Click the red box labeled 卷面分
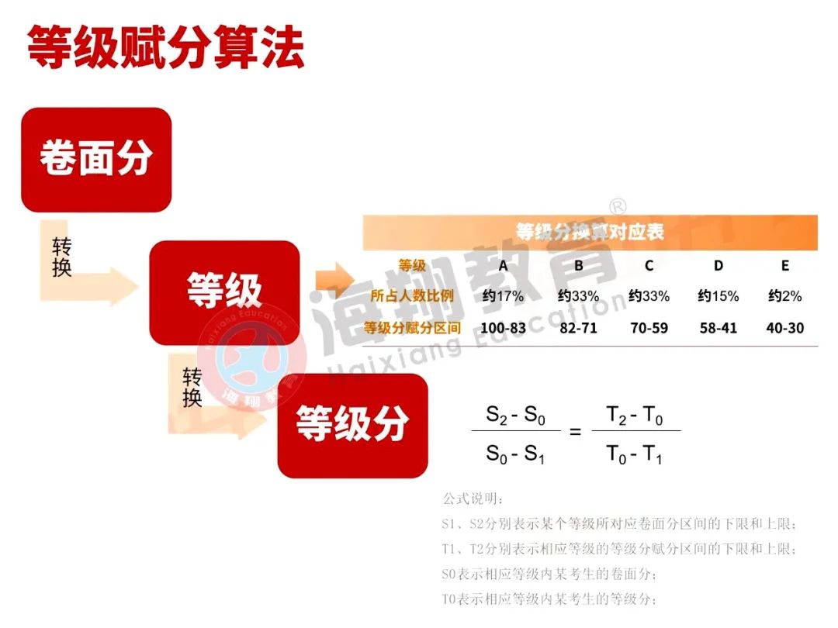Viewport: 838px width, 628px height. [x=96, y=160]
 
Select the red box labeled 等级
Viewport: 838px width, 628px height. [x=224, y=292]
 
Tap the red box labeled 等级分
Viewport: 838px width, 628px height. [x=352, y=425]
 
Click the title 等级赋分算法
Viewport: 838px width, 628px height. [x=165, y=48]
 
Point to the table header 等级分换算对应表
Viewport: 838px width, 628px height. [x=590, y=232]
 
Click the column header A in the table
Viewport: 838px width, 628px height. [x=503, y=266]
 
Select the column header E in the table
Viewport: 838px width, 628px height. [x=784, y=266]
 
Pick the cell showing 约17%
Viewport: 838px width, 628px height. [x=503, y=296]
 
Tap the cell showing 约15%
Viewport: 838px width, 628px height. [x=718, y=296]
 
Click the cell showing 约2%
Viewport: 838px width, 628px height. [x=784, y=296]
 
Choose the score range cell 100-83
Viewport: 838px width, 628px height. [x=503, y=328]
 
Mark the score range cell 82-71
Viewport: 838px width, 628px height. [x=578, y=328]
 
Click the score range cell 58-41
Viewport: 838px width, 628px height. [x=718, y=328]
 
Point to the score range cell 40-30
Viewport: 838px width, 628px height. [x=784, y=328]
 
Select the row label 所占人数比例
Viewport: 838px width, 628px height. [x=412, y=296]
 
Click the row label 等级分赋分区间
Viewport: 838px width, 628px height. [x=412, y=328]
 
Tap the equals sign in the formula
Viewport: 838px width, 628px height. [x=575, y=432]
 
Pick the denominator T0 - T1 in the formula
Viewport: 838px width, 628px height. [x=634, y=454]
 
